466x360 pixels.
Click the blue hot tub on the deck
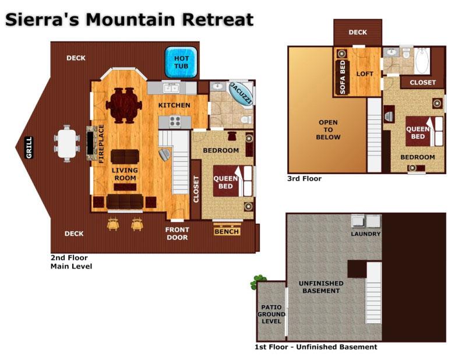[x=182, y=62]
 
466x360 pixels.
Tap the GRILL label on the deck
[x=29, y=147]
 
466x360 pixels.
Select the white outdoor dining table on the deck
[x=68, y=142]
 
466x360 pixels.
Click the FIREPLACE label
[x=101, y=143]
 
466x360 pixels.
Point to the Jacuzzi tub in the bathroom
[x=240, y=93]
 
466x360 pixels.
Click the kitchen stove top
[x=175, y=121]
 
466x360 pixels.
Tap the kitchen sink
[x=171, y=88]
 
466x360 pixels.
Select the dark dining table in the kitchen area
[x=123, y=105]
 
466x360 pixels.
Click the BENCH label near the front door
[x=227, y=231]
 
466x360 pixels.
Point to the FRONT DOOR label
[x=176, y=233]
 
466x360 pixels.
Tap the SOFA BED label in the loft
[x=343, y=76]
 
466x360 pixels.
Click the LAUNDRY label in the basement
[x=365, y=234]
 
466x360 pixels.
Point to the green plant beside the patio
[x=258, y=282]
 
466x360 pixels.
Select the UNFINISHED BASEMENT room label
[x=320, y=287]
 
